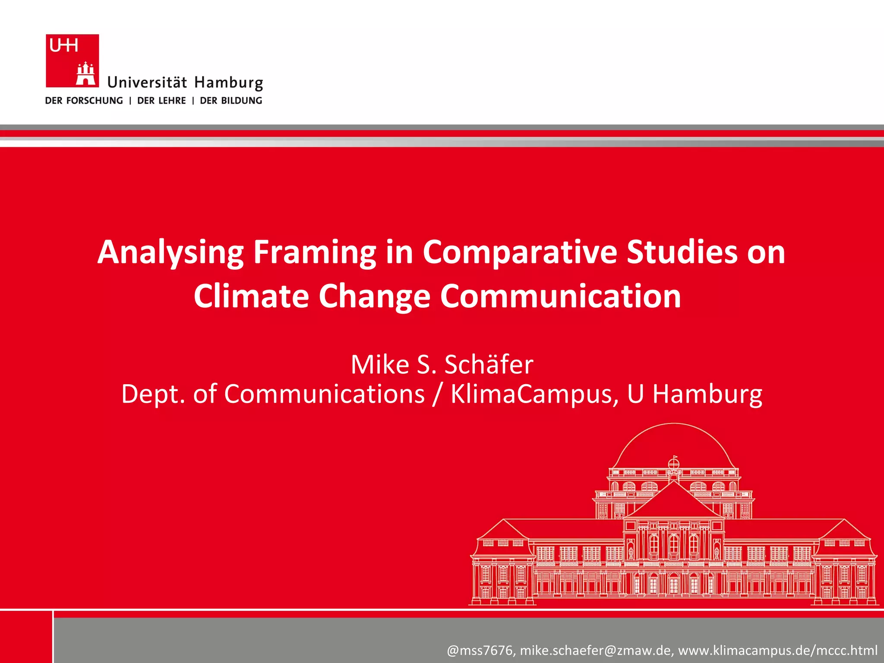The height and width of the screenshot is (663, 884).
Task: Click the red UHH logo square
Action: (x=72, y=60)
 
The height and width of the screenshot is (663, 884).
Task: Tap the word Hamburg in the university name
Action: (x=228, y=82)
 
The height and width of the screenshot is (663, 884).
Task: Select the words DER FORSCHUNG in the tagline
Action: (x=84, y=101)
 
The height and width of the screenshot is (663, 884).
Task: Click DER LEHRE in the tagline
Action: (x=161, y=101)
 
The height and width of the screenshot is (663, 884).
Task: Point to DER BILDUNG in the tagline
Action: (x=231, y=101)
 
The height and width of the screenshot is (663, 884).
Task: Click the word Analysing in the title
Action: (x=170, y=253)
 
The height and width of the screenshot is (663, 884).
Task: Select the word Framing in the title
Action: (x=315, y=253)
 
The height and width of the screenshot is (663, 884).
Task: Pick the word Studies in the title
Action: (x=682, y=253)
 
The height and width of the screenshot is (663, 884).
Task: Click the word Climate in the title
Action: (x=251, y=297)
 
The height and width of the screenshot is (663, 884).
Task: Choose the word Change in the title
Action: (x=374, y=297)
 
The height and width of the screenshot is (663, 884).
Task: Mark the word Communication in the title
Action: (x=560, y=297)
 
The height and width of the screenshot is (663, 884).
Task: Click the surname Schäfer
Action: (x=489, y=364)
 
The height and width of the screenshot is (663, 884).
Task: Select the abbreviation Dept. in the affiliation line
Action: (x=153, y=394)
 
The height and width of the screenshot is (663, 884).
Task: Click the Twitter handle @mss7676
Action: (x=480, y=650)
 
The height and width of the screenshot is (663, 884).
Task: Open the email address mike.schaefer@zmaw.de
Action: (x=596, y=650)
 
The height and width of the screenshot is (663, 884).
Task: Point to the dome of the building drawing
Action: (x=673, y=445)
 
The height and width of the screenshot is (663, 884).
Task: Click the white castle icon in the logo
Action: (x=85, y=74)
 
